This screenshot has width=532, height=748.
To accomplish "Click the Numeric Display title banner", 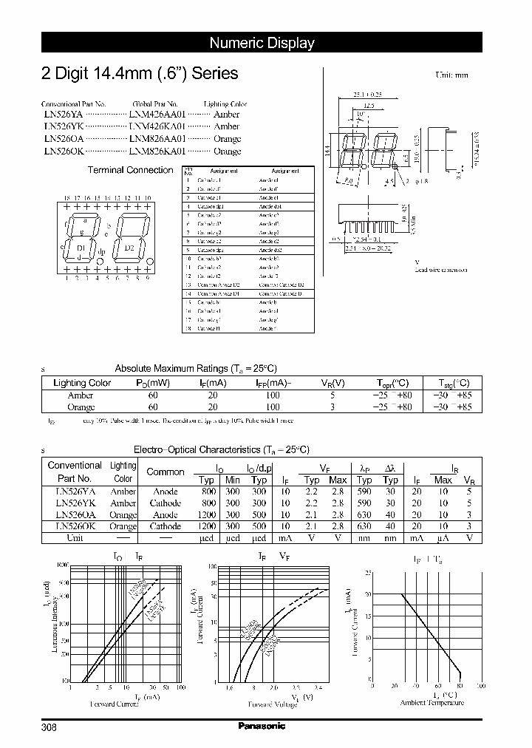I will click(262, 43).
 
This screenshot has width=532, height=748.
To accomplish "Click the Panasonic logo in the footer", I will click(262, 726).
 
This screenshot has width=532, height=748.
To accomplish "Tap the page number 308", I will click(49, 727).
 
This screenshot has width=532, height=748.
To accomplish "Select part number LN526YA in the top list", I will click(63, 115).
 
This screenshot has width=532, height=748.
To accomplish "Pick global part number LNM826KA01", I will click(157, 151).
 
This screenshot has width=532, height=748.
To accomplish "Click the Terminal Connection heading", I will click(131, 170).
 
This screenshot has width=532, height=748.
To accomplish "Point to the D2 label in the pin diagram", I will click(129, 248).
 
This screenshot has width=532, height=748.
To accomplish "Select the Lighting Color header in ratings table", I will click(82, 383).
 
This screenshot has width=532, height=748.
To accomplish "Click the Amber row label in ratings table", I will click(81, 395).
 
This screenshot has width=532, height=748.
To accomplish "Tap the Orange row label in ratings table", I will click(81, 407).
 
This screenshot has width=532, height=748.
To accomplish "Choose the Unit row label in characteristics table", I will click(74, 538).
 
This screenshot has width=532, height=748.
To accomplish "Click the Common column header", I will click(166, 472).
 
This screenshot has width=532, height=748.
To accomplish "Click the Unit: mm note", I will click(451, 75).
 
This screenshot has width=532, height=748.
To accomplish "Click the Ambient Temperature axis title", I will click(432, 703).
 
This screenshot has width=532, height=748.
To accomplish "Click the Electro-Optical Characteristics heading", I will click(221, 449).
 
